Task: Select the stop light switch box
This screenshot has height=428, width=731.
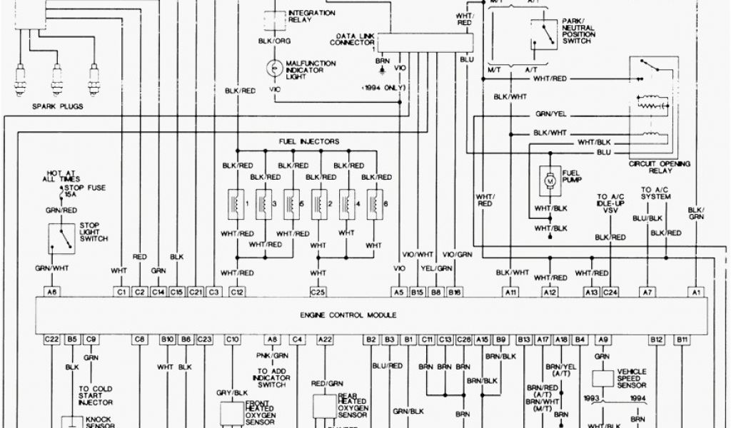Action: [61, 239]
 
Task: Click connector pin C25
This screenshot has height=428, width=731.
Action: [318, 292]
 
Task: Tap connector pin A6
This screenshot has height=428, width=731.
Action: [51, 292]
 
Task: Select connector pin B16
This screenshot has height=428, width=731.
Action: [455, 292]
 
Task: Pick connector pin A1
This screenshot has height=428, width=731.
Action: [696, 292]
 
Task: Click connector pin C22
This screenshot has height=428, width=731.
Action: [51, 340]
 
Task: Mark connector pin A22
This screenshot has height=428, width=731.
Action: [326, 340]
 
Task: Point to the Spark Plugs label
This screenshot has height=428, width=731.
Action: [58, 107]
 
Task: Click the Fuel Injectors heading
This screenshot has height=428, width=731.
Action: [308, 141]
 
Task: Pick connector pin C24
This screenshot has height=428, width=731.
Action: [610, 292]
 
